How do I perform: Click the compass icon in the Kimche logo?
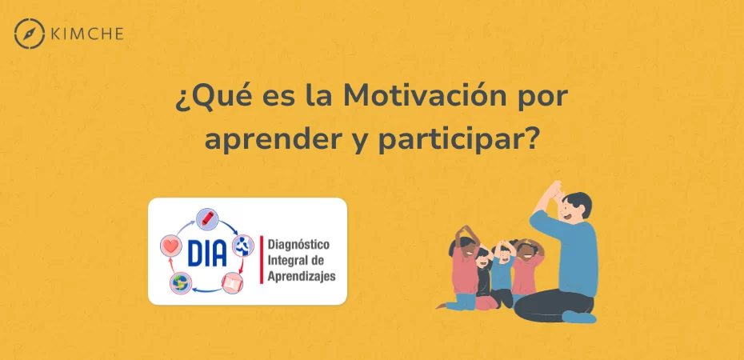coord(30,34)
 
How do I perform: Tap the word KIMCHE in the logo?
coord(87,34)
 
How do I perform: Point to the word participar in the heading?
coord(460,139)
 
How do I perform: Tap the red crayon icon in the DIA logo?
coord(207,219)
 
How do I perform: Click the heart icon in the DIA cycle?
coord(171,246)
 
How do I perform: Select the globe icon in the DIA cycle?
coord(181,283)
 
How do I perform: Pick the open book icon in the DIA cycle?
coord(233,283)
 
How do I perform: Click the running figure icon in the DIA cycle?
coord(243,246)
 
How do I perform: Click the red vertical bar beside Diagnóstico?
coord(262,259)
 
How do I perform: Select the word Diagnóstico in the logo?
coord(298,246)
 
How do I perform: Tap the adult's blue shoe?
coord(579,317)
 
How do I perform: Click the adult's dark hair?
coord(578,202)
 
